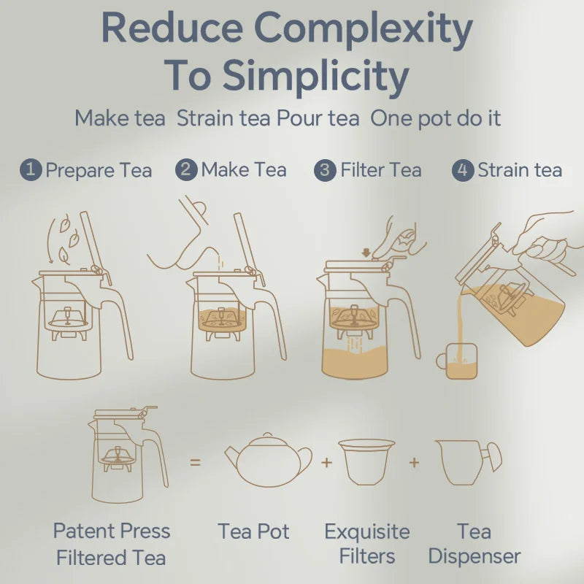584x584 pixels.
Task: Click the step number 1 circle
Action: tap(31, 170)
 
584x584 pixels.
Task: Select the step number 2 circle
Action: tap(187, 170)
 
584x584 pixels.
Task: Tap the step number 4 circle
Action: tap(463, 170)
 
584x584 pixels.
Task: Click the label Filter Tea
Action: tap(380, 170)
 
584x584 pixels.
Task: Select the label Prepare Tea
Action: tap(99, 171)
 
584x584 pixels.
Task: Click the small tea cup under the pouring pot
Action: tap(459, 361)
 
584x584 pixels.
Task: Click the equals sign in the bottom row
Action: tap(195, 462)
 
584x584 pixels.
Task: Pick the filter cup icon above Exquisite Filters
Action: tap(366, 461)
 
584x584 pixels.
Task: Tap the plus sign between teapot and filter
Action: tap(326, 462)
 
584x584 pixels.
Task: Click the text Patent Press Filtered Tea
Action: tap(111, 545)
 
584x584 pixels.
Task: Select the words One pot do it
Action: tap(436, 118)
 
